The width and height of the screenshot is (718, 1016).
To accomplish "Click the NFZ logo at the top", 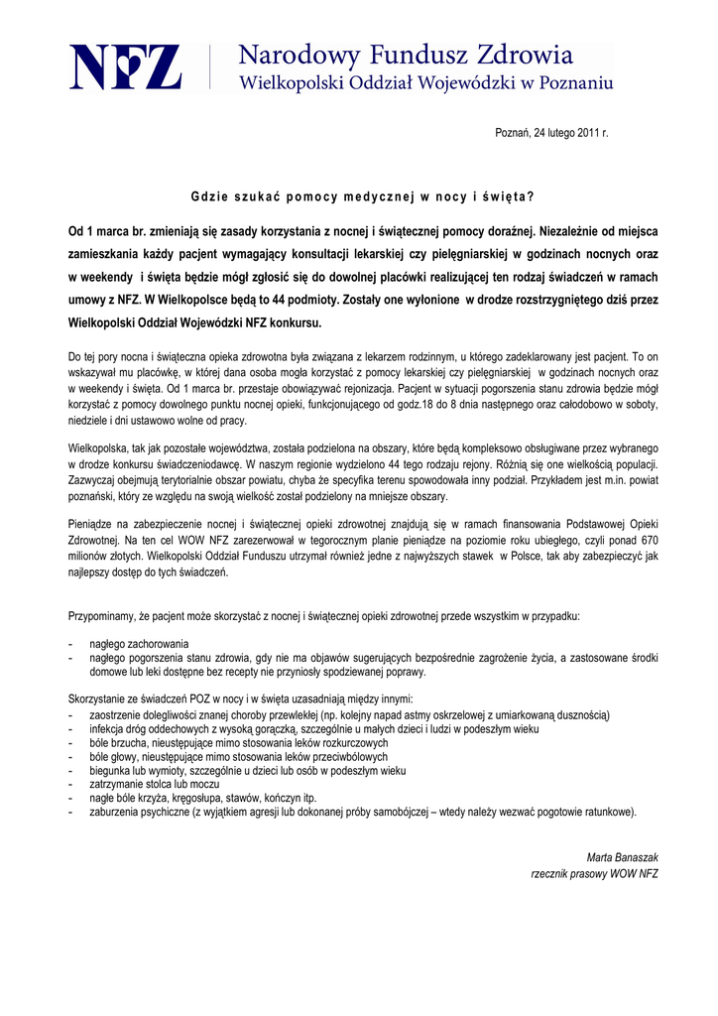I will [x=125, y=67].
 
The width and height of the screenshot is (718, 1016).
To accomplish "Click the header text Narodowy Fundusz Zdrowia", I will [x=406, y=54].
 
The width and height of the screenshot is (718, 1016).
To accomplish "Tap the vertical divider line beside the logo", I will [x=210, y=67].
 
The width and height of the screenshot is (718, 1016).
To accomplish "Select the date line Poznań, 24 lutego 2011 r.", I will [x=551, y=133].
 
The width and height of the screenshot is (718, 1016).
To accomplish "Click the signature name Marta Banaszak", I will [x=623, y=857].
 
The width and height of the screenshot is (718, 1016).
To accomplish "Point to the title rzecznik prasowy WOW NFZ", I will [x=594, y=873].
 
